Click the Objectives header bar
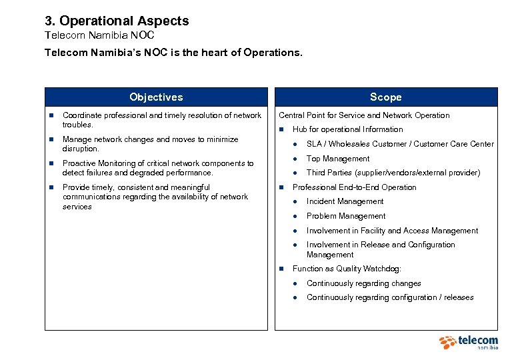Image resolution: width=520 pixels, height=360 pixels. pos(156,97)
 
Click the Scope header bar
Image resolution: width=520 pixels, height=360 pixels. pos(386,97)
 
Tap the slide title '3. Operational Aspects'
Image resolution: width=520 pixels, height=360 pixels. pos(117,21)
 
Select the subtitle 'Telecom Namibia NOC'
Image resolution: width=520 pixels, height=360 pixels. pos(99,35)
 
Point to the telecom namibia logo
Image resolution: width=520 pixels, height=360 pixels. pos(469,342)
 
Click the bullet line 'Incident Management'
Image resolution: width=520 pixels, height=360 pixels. pos(345,201)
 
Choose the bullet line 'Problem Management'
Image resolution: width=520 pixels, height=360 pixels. pos(345,216)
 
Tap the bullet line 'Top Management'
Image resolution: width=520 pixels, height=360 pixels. pos(337,159)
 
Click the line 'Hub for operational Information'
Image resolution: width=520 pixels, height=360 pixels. pos(347,129)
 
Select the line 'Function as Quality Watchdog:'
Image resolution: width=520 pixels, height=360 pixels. pos(347,269)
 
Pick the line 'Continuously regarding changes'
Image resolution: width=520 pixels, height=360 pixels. pos(363,283)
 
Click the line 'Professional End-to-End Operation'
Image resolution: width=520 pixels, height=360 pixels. pos(354,187)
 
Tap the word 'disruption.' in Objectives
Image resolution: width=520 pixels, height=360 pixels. pos(81,149)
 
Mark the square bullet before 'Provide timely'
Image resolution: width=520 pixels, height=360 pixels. pos(50,188)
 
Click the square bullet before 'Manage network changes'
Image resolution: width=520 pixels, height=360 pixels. pos(50,140)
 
